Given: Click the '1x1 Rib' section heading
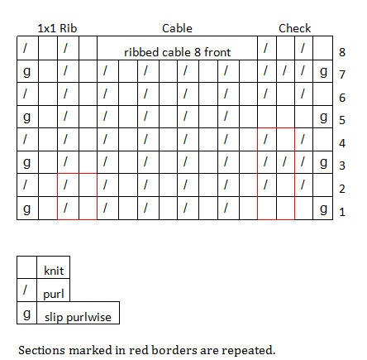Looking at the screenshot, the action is [57, 28].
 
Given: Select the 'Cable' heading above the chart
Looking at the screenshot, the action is [177, 28].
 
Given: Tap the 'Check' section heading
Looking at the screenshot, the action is [294, 28].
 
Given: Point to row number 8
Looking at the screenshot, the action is [342, 52].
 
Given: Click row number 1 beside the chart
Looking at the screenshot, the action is [342, 212].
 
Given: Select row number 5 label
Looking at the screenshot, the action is [342, 120].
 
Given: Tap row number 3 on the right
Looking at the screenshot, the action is [342, 166].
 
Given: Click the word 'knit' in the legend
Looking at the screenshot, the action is [54, 271].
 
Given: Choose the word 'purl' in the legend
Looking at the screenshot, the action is [54, 294].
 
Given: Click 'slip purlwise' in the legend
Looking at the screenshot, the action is [78, 317].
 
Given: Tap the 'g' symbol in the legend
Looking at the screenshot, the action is [26, 314].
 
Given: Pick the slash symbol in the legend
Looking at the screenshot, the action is [25, 290].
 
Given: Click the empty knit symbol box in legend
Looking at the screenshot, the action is [26, 267].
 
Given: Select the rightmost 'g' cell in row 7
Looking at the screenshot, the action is [323, 71].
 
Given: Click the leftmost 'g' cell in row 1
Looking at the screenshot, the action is [27, 209].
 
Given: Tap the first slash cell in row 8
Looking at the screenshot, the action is [27, 48].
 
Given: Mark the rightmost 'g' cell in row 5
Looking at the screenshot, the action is [323, 117].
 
